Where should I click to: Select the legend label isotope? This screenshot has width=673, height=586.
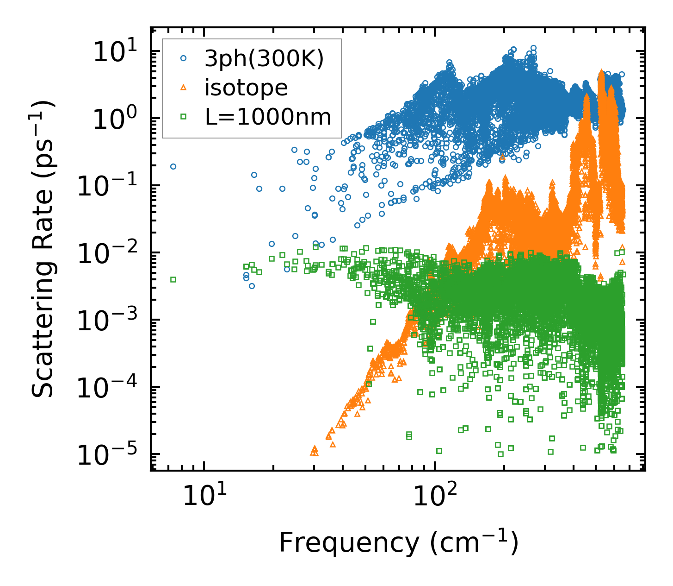[246, 88]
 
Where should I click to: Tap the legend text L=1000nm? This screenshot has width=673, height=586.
[268, 117]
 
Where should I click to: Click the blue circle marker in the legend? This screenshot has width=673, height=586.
[184, 58]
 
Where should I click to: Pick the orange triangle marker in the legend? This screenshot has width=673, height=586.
[184, 87]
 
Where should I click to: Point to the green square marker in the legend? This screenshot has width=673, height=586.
[184, 117]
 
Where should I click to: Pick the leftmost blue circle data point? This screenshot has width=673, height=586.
[173, 166]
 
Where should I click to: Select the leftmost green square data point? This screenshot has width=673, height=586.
[173, 279]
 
